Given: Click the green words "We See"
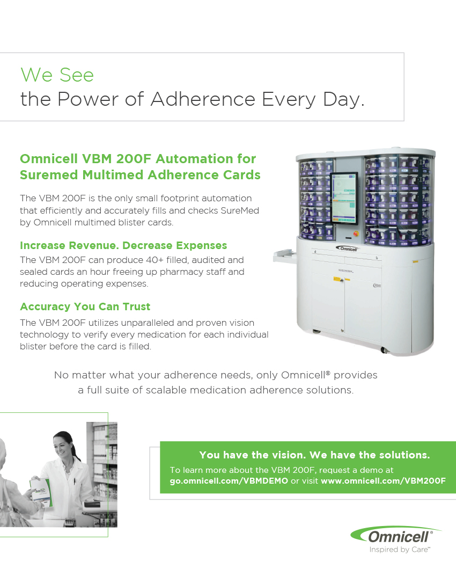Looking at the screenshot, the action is tap(57, 75).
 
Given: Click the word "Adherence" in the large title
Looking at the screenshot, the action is tap(203, 99).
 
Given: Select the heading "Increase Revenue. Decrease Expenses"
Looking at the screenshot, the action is tap(123, 245).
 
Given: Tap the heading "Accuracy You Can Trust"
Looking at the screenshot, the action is tap(85, 306).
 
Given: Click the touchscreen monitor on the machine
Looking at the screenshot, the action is tap(344, 199).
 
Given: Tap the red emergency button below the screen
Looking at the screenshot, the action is tap(356, 234).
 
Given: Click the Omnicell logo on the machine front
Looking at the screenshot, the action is tap(347, 249).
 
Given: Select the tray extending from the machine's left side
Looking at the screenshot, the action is tap(285, 257).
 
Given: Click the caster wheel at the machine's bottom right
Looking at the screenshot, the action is tap(385, 350).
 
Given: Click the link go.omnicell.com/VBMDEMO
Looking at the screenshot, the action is tap(229, 481).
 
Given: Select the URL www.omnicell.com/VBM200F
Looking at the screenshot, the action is tap(383, 481).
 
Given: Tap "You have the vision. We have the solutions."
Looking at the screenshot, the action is tap(314, 455).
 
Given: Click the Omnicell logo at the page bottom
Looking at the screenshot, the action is tap(395, 535).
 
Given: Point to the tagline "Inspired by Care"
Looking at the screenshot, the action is tap(400, 550).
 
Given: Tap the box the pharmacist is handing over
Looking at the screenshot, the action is tap(41, 492).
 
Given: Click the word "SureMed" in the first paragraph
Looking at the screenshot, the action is tap(240, 210).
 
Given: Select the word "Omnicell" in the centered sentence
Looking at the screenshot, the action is tap(304, 375).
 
